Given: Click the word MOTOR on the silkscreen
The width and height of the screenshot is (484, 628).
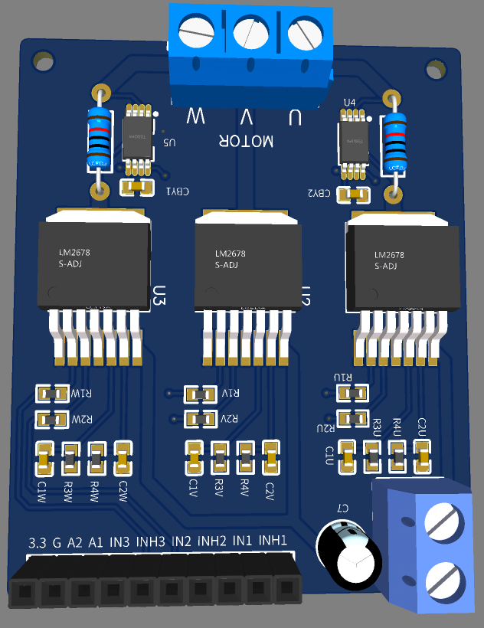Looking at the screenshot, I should pyautogui.click(x=247, y=141).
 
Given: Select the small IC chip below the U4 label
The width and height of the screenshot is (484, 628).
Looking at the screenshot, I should pyautogui.click(x=352, y=139).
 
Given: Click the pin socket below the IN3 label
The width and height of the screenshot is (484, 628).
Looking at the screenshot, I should pyautogui.click(x=113, y=590).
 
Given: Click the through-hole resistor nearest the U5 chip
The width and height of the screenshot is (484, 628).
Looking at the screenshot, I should pyautogui.click(x=98, y=142).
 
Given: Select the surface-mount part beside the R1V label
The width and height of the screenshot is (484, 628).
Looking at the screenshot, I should pyautogui.click(x=201, y=394).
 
